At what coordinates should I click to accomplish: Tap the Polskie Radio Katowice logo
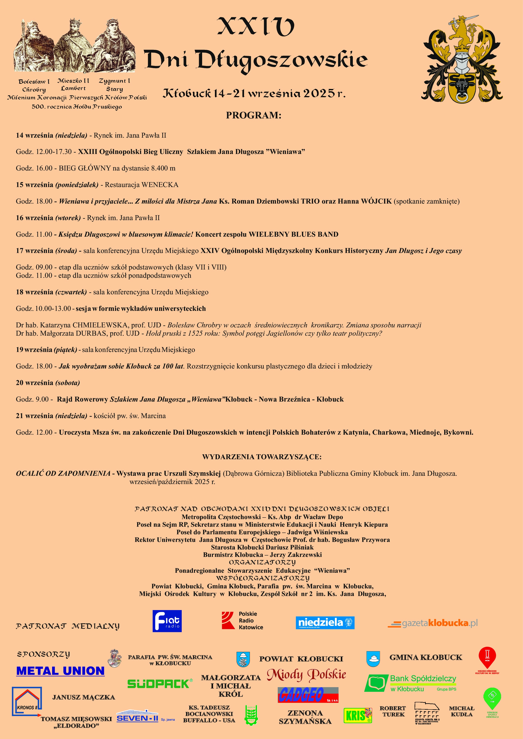(x=242, y=621)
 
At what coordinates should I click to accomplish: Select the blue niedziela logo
(x=325, y=623)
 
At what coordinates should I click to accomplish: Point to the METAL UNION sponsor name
(x=61, y=671)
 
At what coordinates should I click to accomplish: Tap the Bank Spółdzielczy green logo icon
(x=376, y=683)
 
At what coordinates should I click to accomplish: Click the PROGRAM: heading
(x=253, y=115)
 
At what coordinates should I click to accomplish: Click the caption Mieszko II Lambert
(x=73, y=84)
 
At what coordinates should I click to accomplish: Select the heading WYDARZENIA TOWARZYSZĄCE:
(x=262, y=457)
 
